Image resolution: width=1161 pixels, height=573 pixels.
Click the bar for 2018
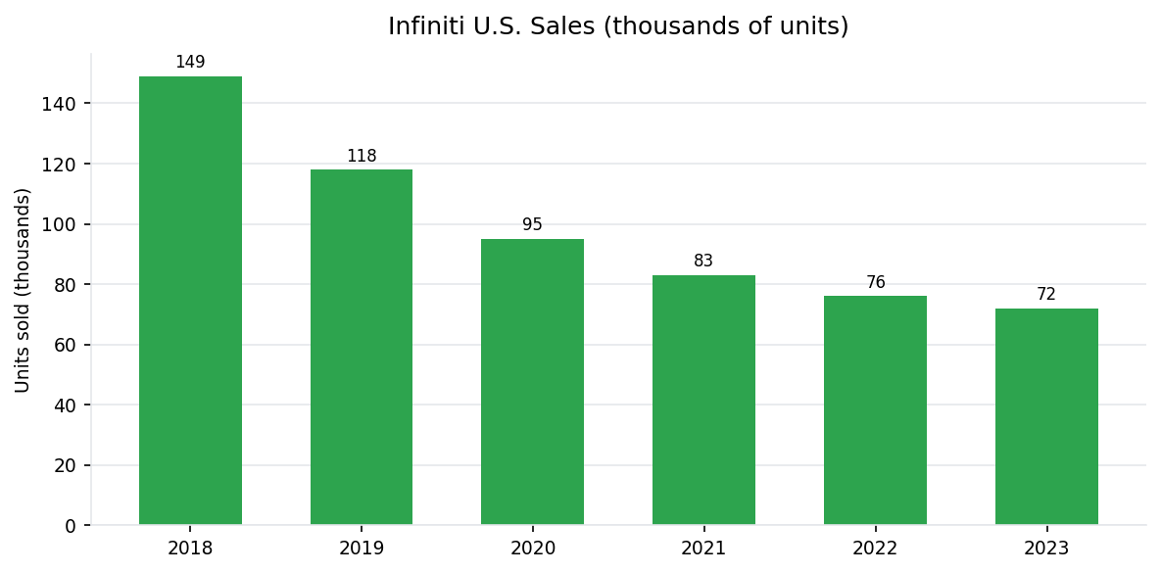point(190,301)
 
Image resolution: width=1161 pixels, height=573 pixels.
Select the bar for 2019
point(362,348)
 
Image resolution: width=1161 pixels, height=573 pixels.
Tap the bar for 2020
point(532,382)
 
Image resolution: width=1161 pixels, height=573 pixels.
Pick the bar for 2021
point(703,401)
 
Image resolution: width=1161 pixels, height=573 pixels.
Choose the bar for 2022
point(875,410)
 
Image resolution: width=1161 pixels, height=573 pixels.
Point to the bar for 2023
point(1046,417)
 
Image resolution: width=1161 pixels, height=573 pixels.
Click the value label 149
point(190,63)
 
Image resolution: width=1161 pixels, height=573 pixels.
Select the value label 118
point(362,157)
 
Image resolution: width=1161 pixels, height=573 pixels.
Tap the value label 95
point(532,225)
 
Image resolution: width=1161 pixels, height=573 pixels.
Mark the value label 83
point(703,262)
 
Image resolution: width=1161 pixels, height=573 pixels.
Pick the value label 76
point(875,283)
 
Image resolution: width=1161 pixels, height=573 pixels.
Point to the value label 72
point(1046,295)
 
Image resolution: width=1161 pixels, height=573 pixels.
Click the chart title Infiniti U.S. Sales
point(618,26)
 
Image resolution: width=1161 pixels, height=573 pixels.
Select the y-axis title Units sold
point(24,290)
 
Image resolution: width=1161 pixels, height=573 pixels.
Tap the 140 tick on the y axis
point(58,104)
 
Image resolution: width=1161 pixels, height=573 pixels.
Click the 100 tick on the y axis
point(58,224)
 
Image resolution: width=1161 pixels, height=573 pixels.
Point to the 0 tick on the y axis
point(70,526)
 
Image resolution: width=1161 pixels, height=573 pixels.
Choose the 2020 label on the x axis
point(532,549)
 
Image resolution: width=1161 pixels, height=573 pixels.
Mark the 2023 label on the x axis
point(1046,549)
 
